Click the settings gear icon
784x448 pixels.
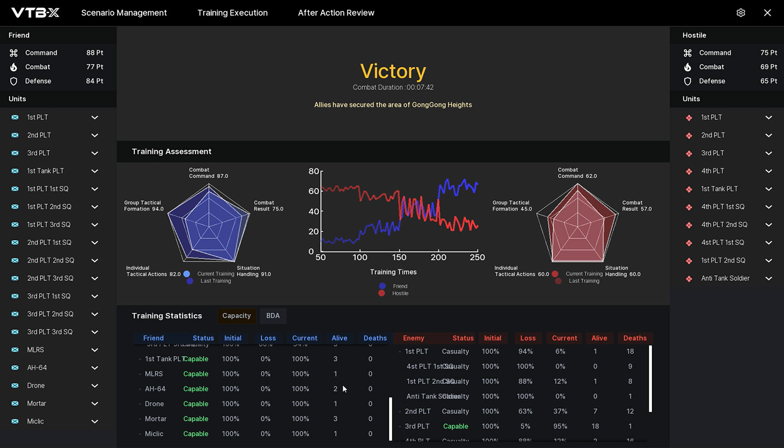pyautogui.click(x=741, y=13)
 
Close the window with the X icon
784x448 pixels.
pyautogui.click(x=767, y=13)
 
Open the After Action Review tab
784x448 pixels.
pyautogui.click(x=336, y=13)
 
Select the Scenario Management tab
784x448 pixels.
pyautogui.click(x=124, y=13)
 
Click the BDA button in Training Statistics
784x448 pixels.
pyautogui.click(x=273, y=316)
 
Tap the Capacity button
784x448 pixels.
pyautogui.click(x=236, y=316)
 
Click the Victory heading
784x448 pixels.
pyautogui.click(x=393, y=71)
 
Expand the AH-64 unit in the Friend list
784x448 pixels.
pyautogui.click(x=95, y=368)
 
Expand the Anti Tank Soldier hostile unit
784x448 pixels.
pyautogui.click(x=769, y=278)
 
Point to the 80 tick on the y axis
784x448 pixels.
pyautogui.click(x=314, y=171)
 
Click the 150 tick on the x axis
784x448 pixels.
pyautogui.click(x=399, y=258)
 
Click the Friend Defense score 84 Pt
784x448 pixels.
pyautogui.click(x=94, y=81)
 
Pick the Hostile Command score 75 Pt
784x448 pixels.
pyautogui.click(x=768, y=53)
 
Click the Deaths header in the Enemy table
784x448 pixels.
pyautogui.click(x=635, y=338)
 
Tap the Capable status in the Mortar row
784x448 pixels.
pyautogui.click(x=195, y=419)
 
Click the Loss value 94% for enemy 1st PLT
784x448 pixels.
pyautogui.click(x=525, y=352)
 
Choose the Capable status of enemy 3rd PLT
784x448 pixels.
pyautogui.click(x=455, y=426)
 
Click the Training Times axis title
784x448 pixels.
pyautogui.click(x=393, y=272)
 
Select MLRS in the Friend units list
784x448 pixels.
pyautogui.click(x=36, y=350)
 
